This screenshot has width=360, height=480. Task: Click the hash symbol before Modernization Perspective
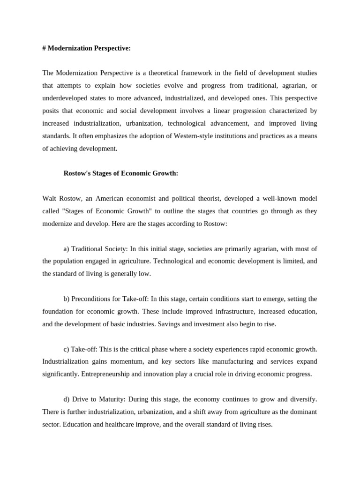pos(44,48)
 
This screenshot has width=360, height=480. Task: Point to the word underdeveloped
pos(66,98)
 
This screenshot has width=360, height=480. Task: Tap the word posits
pos(51,111)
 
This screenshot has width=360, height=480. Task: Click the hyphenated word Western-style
pos(180,136)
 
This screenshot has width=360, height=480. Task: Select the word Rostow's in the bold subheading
pos(79,173)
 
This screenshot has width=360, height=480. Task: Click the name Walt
pos(50,199)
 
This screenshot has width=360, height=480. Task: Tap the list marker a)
pos(67,248)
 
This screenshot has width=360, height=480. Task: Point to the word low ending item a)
pos(144,274)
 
